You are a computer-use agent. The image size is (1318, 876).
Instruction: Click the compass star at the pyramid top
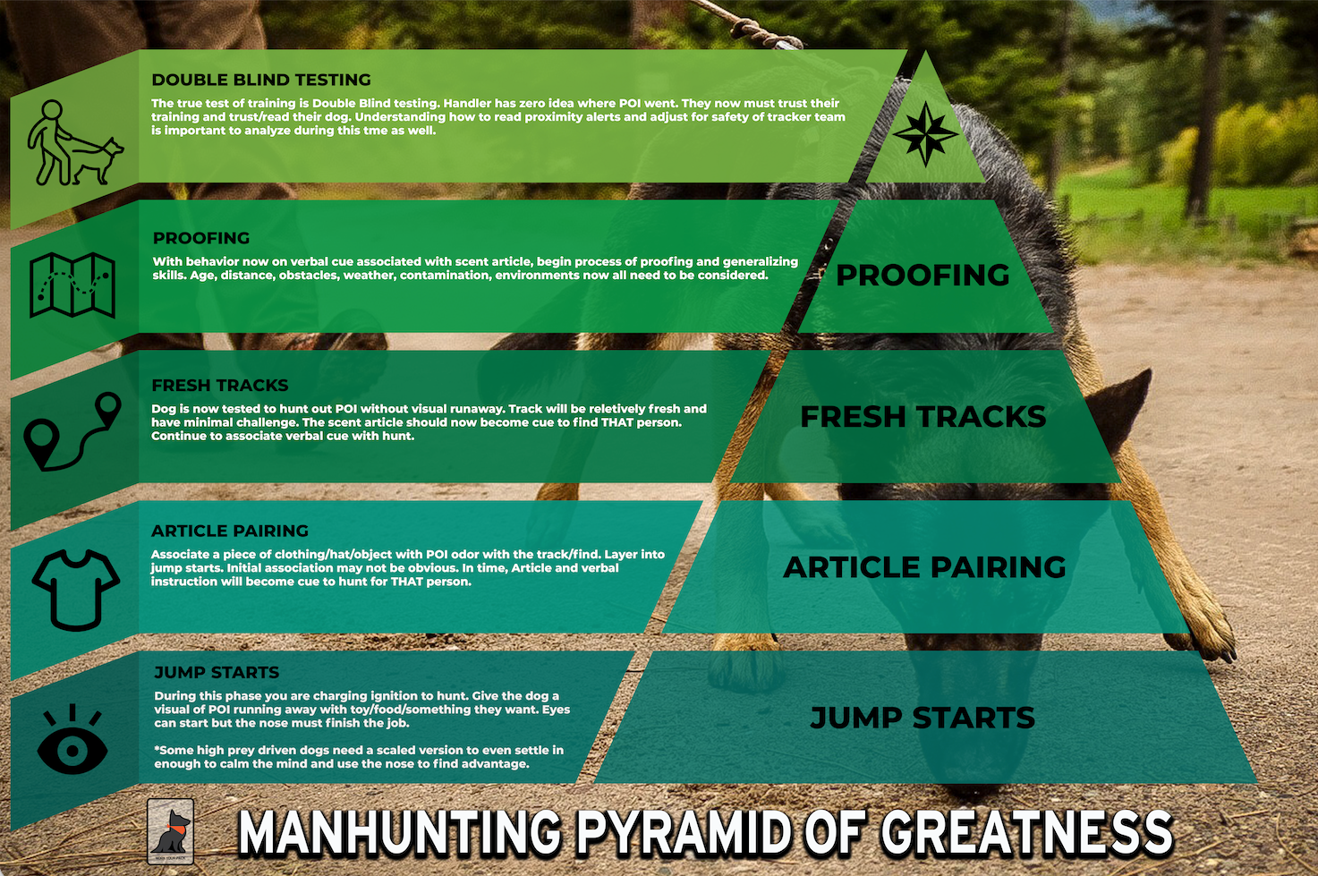(925, 134)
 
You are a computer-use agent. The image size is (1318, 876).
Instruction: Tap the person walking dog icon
(75, 142)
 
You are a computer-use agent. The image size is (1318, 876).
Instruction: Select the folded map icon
(72, 285)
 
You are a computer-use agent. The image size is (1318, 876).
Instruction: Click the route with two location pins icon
(72, 431)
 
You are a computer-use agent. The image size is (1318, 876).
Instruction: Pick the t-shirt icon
(76, 590)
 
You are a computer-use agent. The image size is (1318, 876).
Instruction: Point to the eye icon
(72, 739)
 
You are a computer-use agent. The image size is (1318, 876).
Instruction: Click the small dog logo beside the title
(171, 831)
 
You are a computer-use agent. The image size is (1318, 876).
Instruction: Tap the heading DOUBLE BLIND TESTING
(261, 80)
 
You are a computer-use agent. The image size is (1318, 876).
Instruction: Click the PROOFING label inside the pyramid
(923, 275)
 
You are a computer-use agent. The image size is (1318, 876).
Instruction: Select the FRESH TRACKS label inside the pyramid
(923, 417)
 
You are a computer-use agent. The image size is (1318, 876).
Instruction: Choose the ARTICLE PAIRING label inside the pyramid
(924, 567)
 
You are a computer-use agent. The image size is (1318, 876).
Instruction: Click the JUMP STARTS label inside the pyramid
(923, 718)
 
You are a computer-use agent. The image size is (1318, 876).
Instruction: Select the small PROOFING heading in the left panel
(201, 238)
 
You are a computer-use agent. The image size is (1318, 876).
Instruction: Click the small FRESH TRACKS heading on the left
(220, 385)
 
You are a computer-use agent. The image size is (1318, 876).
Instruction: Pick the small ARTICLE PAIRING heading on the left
(230, 531)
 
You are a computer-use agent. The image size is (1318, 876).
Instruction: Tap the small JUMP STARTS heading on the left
(217, 672)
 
